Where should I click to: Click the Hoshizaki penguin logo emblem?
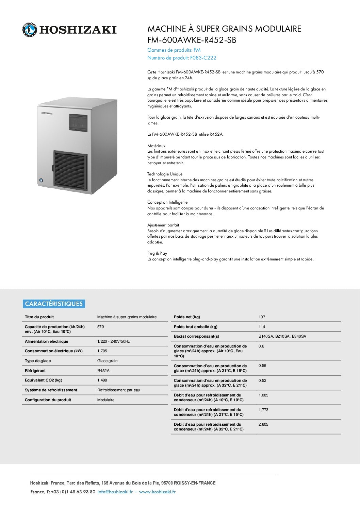click(x=30, y=30)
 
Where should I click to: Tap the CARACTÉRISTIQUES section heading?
click(x=54, y=304)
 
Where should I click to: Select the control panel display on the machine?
click(x=78, y=122)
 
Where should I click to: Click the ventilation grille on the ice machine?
click(x=70, y=169)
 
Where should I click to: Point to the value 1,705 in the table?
click(x=102, y=351)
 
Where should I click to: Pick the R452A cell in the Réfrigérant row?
click(x=103, y=371)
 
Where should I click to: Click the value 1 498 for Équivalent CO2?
click(x=102, y=380)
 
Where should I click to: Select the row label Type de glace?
click(x=38, y=361)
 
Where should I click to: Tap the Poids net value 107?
click(x=262, y=317)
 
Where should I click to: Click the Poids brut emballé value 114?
click(x=262, y=327)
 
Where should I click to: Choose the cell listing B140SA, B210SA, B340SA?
click(x=282, y=336)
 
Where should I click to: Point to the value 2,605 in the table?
click(x=263, y=424)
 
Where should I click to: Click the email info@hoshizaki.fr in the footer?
click(x=115, y=492)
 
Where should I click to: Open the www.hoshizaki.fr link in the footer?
click(x=157, y=492)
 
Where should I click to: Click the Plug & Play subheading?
click(x=157, y=253)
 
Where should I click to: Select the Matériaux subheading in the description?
click(x=156, y=146)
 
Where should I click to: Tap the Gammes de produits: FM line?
click(x=174, y=50)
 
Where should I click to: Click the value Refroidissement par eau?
click(x=118, y=390)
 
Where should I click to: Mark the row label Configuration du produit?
click(x=48, y=400)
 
